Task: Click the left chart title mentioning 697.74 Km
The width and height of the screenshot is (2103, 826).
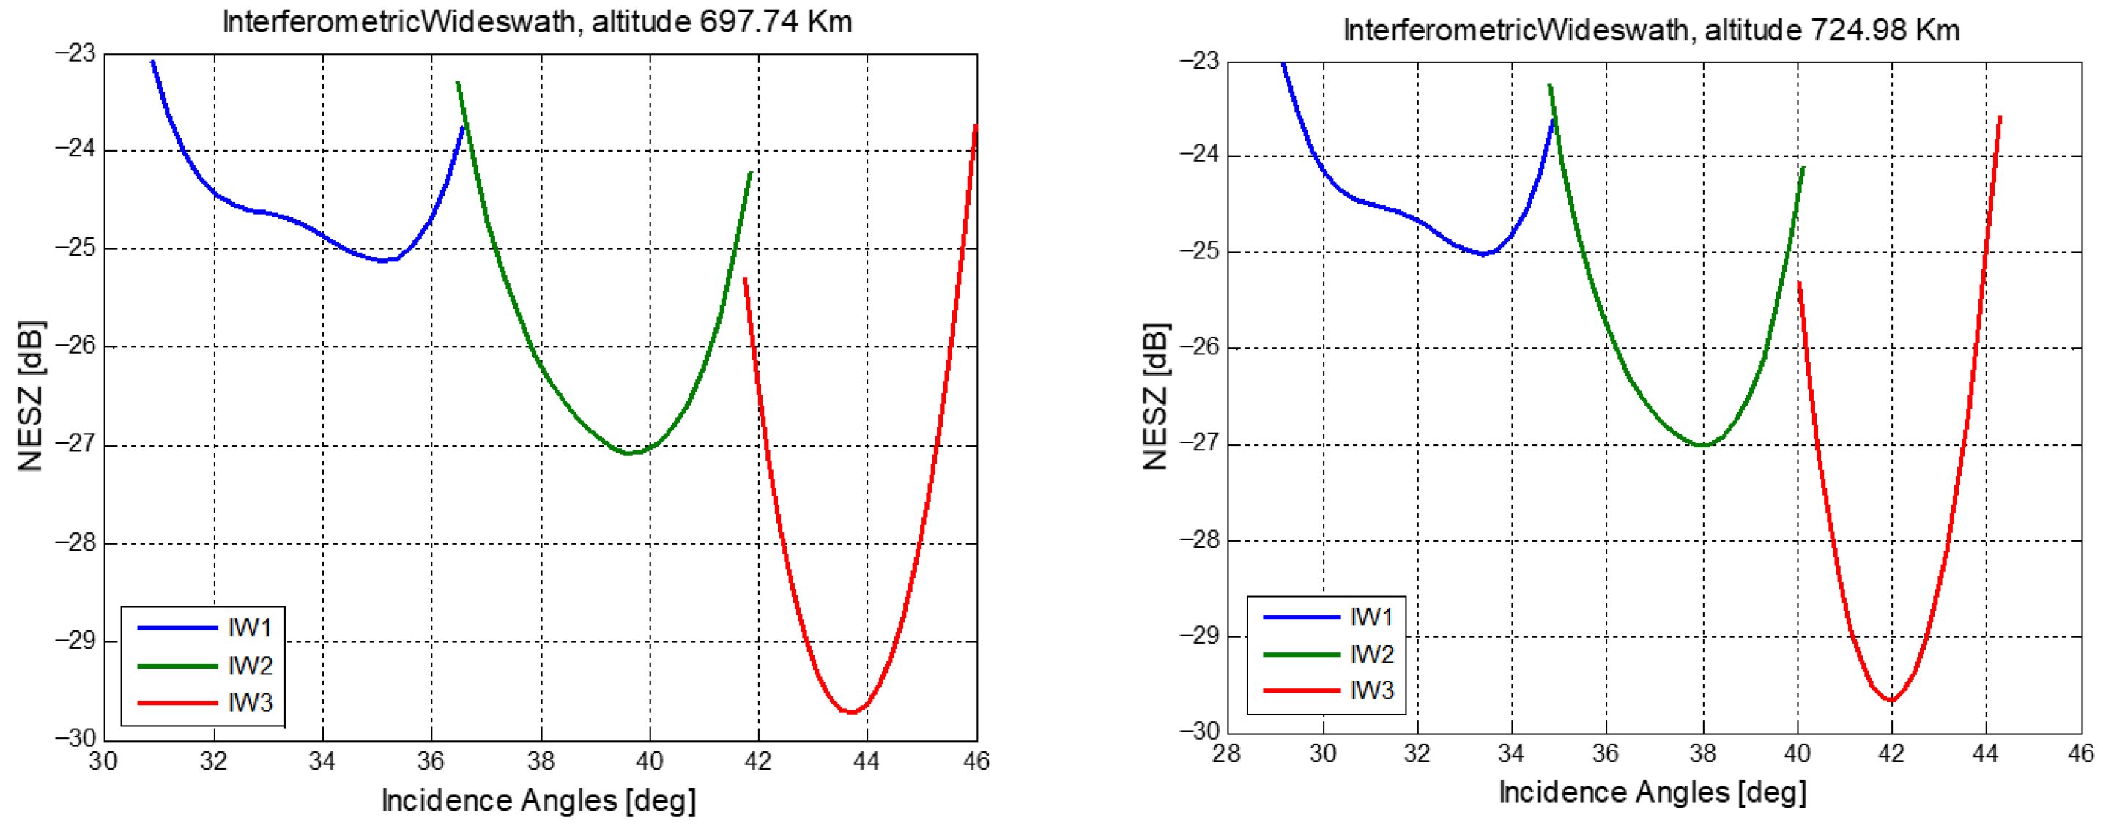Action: (537, 22)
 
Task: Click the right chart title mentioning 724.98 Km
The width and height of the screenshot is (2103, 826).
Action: (1651, 30)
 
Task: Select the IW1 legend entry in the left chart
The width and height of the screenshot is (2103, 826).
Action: (249, 628)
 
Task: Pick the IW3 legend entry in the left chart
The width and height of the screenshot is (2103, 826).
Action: (249, 702)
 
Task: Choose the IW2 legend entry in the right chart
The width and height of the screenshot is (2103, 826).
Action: (1371, 654)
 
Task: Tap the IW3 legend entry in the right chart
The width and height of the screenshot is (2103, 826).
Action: (1371, 691)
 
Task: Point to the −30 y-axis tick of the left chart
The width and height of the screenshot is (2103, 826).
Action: (75, 738)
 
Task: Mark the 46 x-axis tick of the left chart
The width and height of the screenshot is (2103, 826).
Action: (976, 762)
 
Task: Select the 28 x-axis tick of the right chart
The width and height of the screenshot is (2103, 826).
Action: (1226, 754)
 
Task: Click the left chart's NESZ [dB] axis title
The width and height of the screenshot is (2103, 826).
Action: (31, 396)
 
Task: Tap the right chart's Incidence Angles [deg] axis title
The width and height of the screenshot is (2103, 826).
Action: (1653, 792)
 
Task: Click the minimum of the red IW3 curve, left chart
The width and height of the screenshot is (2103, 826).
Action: (850, 712)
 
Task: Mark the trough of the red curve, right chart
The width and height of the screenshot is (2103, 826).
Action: (1891, 700)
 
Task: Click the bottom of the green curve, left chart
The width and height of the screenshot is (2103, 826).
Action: (628, 453)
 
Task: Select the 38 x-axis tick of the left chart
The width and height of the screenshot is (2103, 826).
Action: (541, 762)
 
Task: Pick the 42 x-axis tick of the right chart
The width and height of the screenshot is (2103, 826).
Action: (1891, 754)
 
